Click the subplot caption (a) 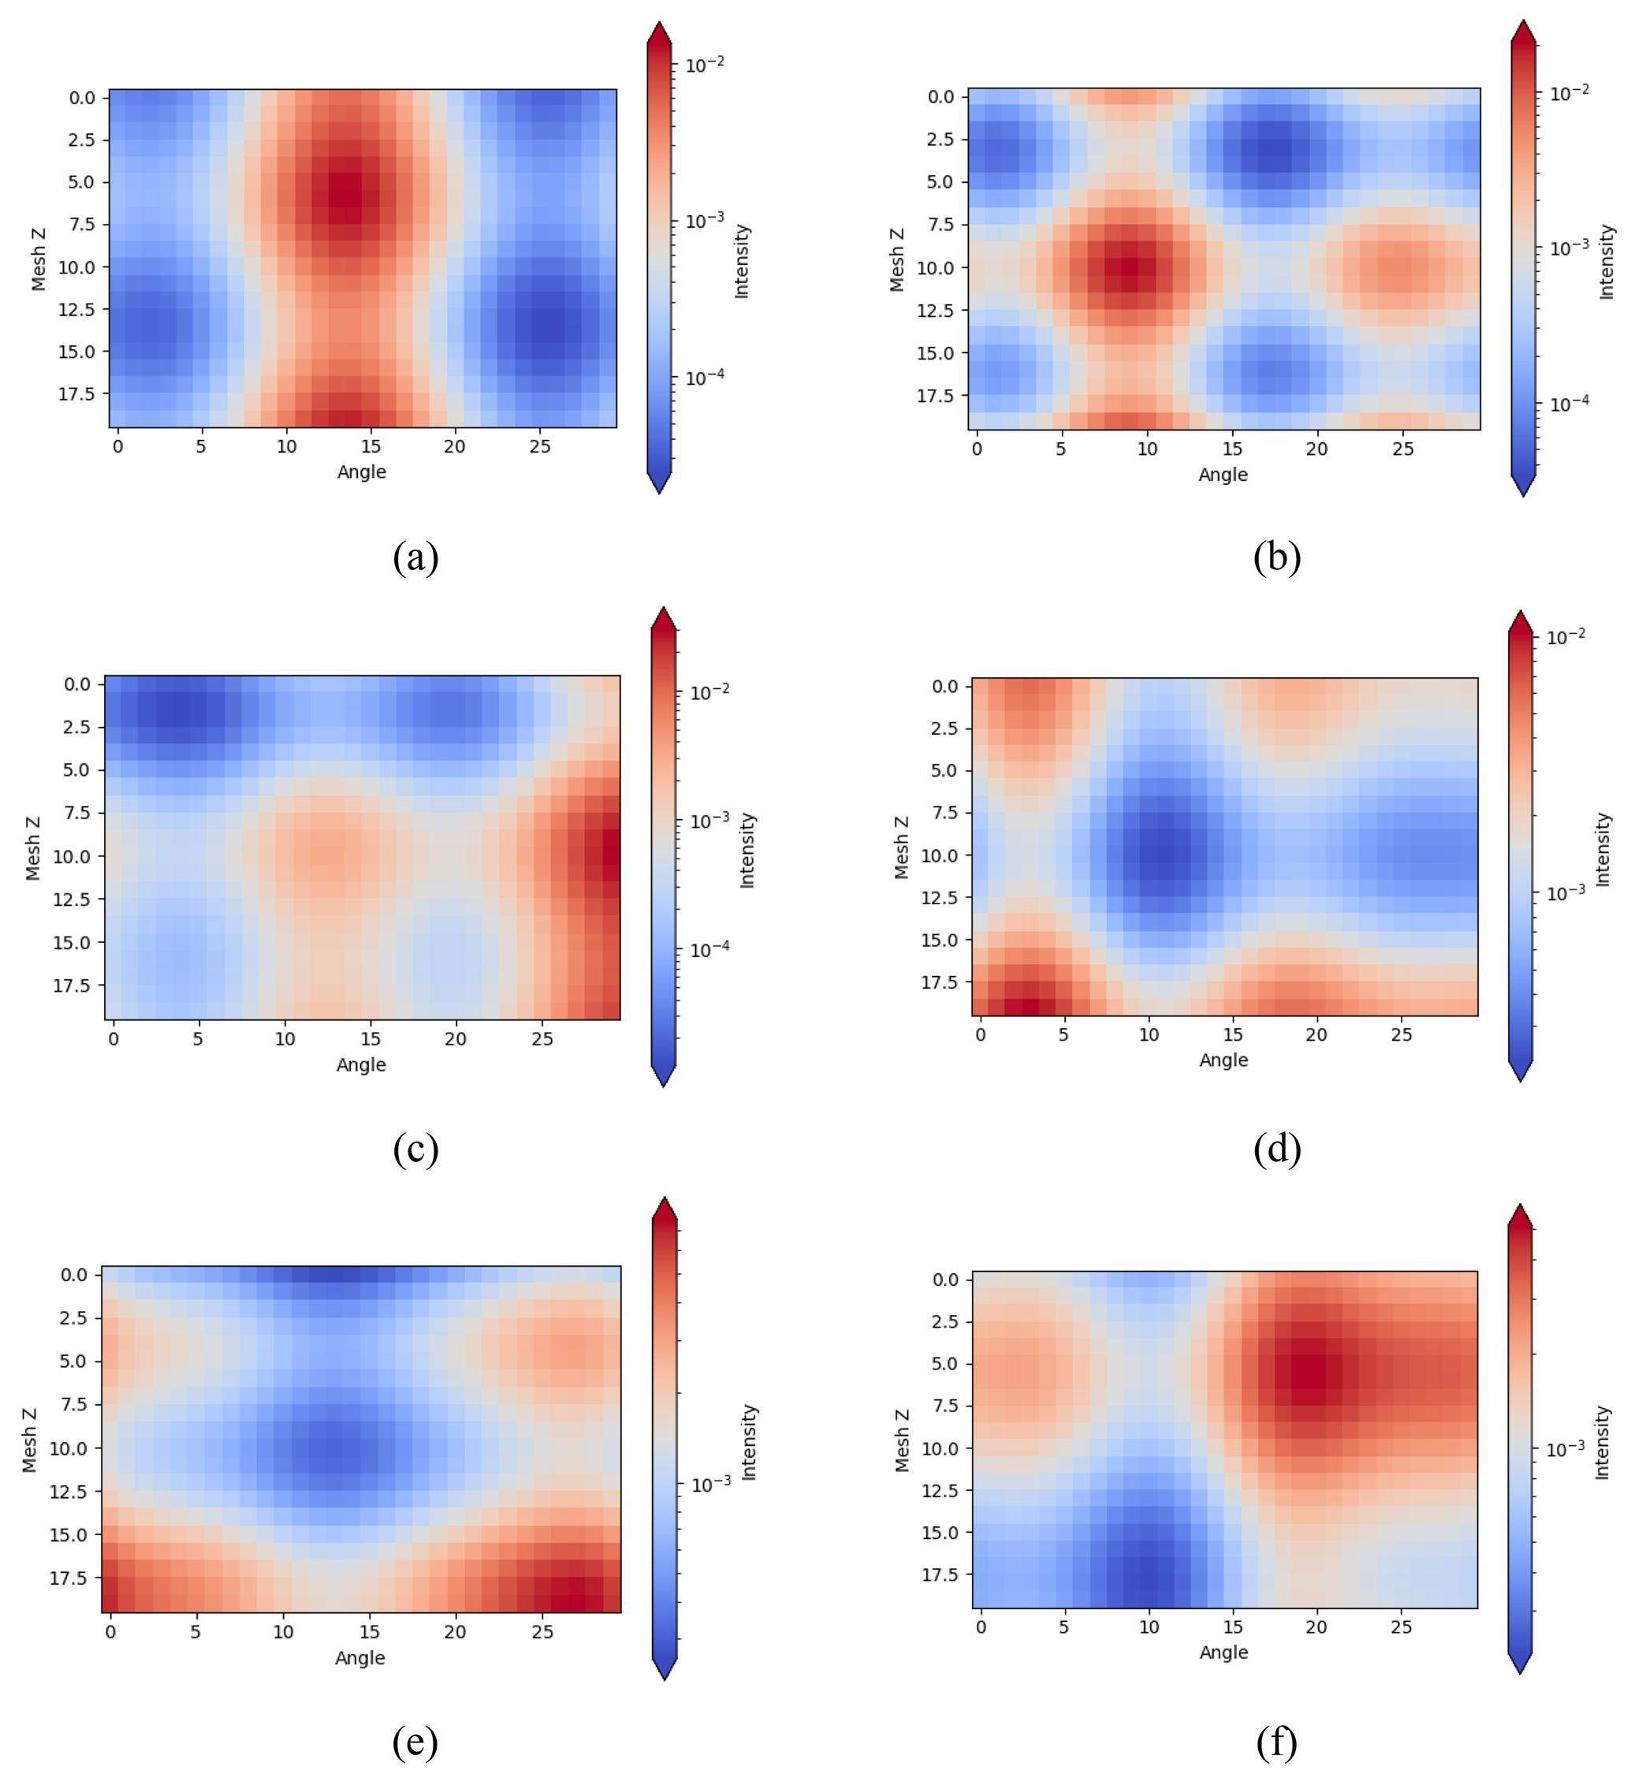click(x=415, y=557)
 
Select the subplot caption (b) click(x=1277, y=557)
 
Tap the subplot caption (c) click(x=415, y=1149)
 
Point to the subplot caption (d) click(x=1277, y=1149)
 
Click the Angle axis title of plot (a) click(x=362, y=472)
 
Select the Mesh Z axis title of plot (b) click(x=897, y=259)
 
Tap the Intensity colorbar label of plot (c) click(x=747, y=850)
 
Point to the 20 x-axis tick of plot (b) click(x=1317, y=449)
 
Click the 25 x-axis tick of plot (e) click(x=542, y=1632)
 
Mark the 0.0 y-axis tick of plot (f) click(x=944, y=1280)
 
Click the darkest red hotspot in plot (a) click(x=347, y=191)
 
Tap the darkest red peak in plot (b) click(x=1130, y=267)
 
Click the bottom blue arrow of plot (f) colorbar click(x=1521, y=1663)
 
